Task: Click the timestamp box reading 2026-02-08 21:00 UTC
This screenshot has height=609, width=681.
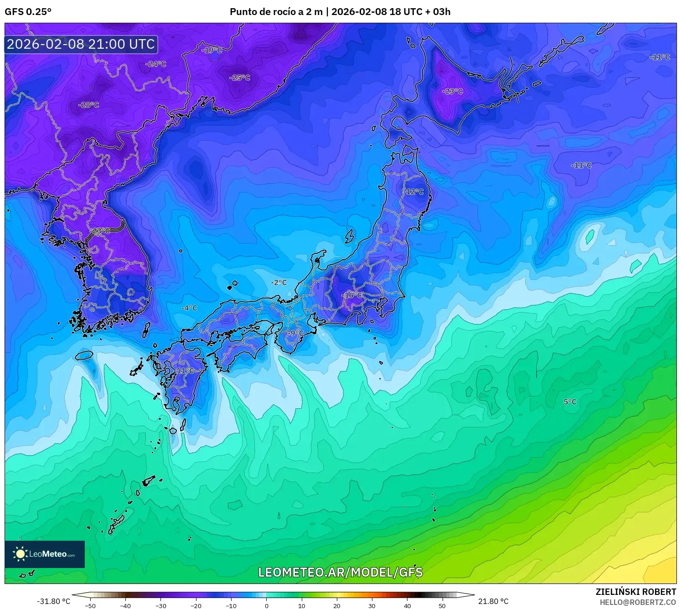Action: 81,44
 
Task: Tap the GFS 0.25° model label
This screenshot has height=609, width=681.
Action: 28,12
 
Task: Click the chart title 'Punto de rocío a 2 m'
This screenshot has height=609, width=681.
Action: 276,12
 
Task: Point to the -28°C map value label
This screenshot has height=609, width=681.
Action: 89,105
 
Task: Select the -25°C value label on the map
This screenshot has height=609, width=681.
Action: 240,78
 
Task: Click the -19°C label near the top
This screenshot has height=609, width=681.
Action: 212,50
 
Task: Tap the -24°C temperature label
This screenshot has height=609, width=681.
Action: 156,64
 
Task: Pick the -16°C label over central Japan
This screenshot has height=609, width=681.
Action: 353,295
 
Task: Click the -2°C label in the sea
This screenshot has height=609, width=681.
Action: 279,283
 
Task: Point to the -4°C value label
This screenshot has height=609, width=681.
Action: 189,308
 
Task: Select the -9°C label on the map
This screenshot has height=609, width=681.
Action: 294,333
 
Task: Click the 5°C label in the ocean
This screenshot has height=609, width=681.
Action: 570,402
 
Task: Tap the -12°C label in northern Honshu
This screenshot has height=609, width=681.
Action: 414,192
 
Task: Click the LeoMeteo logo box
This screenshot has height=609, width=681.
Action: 45,554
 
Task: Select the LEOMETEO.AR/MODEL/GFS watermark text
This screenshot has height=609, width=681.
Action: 340,572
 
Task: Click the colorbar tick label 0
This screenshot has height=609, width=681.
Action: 267,606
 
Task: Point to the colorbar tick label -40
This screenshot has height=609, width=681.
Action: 125,606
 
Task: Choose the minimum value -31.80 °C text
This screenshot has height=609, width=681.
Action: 54,601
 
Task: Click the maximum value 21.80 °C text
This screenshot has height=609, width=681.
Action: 493,601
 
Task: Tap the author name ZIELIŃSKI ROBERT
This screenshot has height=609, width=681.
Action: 636,592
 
